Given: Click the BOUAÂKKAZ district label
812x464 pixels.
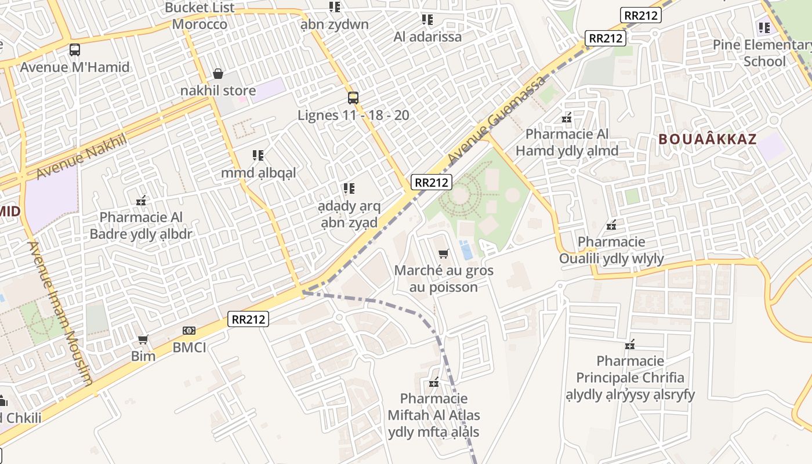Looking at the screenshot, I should click(708, 139).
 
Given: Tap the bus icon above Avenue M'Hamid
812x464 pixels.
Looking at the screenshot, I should click(75, 50).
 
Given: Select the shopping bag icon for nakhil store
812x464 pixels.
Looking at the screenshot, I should click(218, 74).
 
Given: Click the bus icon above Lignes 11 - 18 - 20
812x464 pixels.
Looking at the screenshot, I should click(353, 97).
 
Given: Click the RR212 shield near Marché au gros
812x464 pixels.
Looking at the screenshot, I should click(432, 182).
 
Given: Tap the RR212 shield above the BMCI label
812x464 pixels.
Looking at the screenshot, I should click(248, 318).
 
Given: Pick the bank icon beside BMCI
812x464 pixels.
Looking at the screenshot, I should click(189, 331).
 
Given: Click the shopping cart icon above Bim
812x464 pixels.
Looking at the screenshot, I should click(143, 339).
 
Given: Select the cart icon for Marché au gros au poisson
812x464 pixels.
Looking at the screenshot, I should click(444, 253).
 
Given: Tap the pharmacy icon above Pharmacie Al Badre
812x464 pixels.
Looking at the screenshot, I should click(141, 201).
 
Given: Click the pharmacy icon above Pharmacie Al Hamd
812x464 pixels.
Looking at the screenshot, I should click(567, 118).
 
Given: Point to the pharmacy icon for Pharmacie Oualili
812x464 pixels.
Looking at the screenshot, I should click(611, 224).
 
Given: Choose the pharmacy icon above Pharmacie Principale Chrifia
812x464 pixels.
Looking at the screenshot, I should click(630, 345).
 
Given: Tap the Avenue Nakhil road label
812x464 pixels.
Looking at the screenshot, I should click(81, 156).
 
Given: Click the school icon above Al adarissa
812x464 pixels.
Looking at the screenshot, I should click(427, 20).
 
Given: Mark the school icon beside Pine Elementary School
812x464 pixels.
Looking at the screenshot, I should click(764, 27).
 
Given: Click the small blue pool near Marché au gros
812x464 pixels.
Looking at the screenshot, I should click(466, 250).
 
